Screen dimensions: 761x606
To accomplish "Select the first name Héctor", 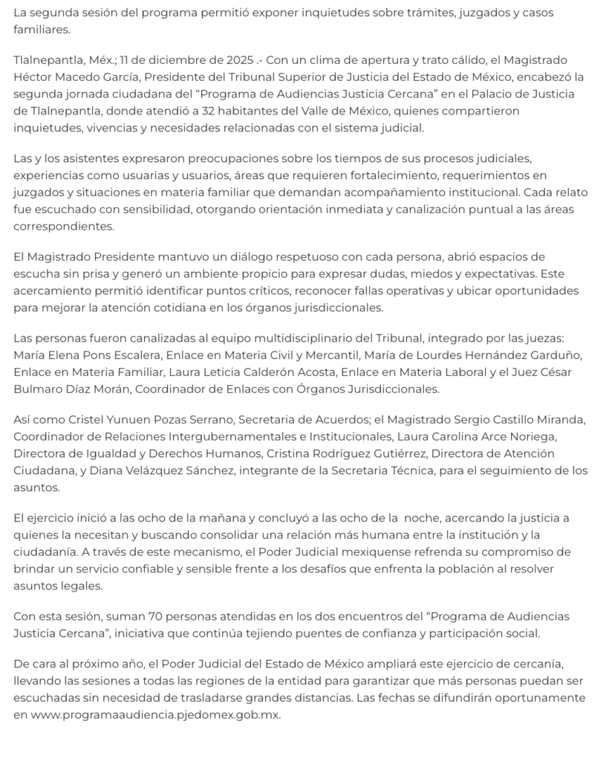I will click(x=33, y=77).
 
